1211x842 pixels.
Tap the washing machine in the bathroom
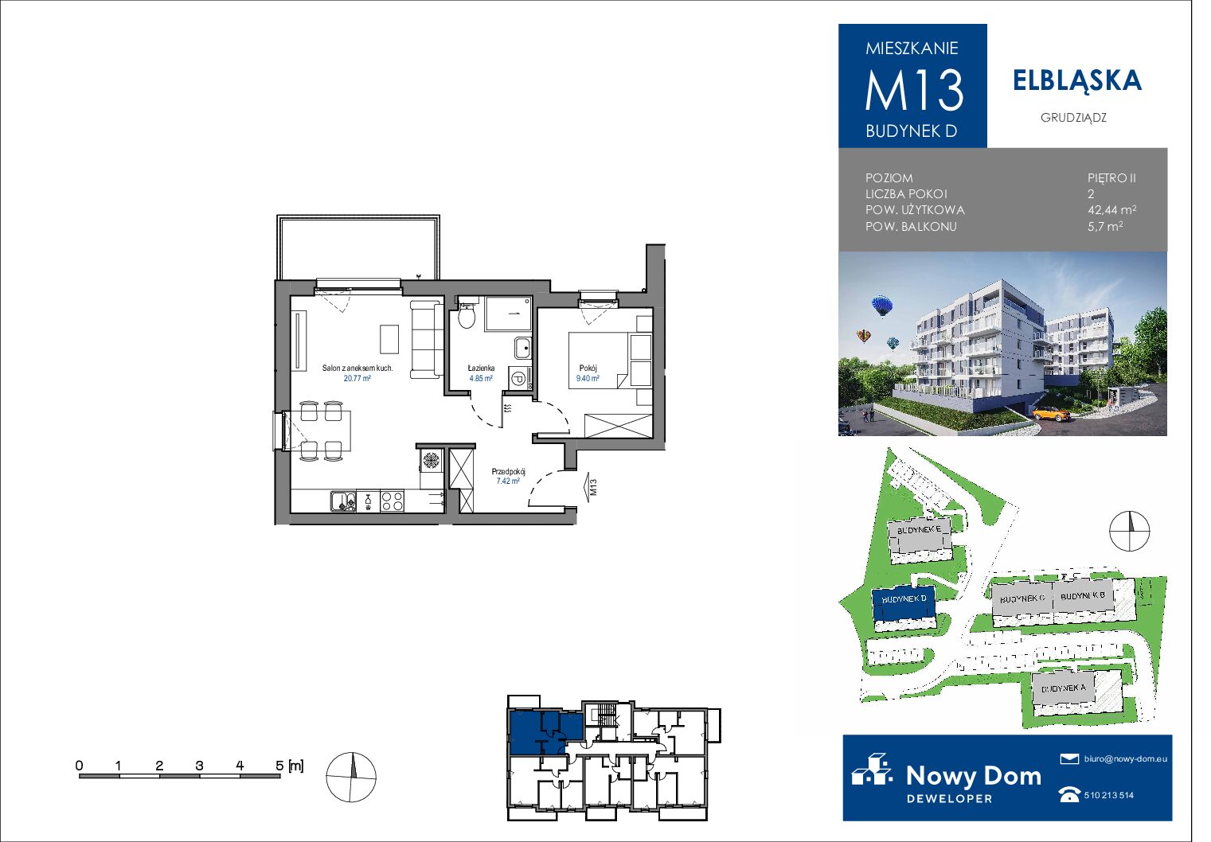[x=518, y=379]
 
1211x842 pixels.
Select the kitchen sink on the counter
[x=342, y=501]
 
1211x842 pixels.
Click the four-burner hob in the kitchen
[x=392, y=501]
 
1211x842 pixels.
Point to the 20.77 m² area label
[x=357, y=378]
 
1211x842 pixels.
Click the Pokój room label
[x=588, y=368]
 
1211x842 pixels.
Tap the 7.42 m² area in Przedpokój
[x=508, y=481]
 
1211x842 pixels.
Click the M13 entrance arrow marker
[x=590, y=487]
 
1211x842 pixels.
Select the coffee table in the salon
[x=389, y=339]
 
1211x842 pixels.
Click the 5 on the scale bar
[x=279, y=766]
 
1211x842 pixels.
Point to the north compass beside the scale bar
[x=351, y=778]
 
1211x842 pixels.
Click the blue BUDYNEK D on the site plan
[x=904, y=603]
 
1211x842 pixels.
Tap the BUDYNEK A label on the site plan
[x=1064, y=688]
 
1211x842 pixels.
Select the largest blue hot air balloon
[x=881, y=306]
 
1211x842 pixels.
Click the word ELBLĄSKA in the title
[x=1077, y=81]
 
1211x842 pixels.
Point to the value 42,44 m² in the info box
[x=1111, y=209]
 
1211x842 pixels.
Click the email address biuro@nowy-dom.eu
[x=1125, y=758]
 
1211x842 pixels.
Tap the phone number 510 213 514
[x=1109, y=795]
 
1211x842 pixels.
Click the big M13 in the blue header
[x=914, y=90]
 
